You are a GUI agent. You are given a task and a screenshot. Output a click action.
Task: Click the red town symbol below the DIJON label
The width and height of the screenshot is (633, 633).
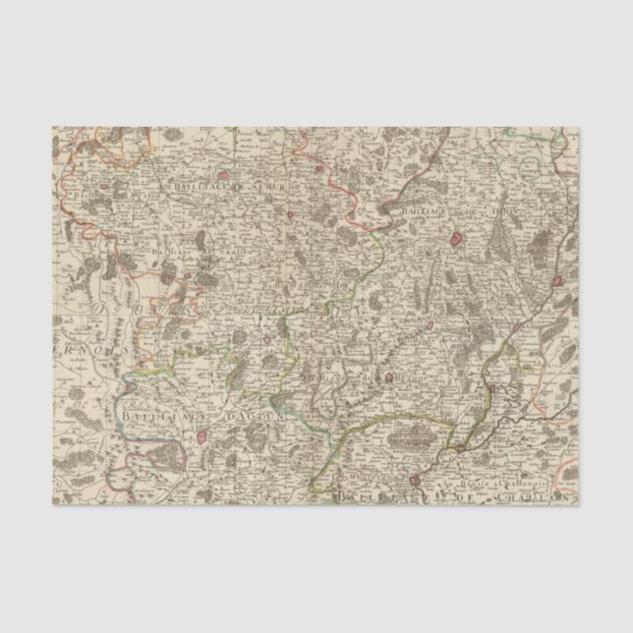coord(458,239)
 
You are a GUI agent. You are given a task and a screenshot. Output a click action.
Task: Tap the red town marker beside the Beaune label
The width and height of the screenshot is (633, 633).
coord(388,376)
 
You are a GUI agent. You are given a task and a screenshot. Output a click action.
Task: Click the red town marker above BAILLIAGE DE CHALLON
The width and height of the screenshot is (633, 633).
coord(415,481)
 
